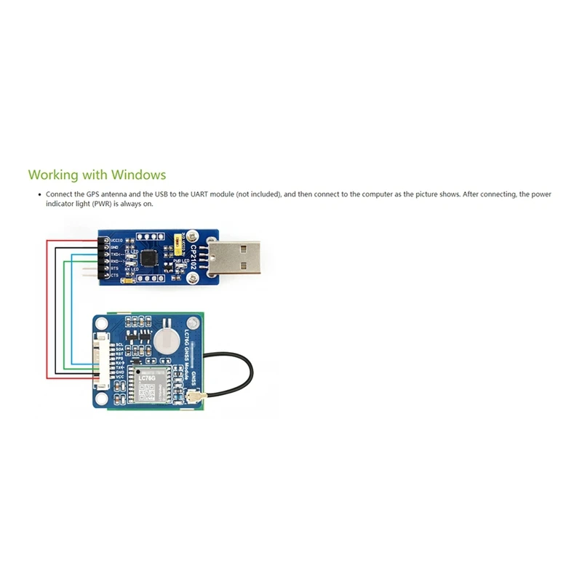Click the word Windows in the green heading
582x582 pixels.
(x=139, y=175)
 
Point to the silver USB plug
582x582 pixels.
(x=234, y=254)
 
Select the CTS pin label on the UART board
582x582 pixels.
(x=114, y=274)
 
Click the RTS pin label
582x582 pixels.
(x=114, y=268)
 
